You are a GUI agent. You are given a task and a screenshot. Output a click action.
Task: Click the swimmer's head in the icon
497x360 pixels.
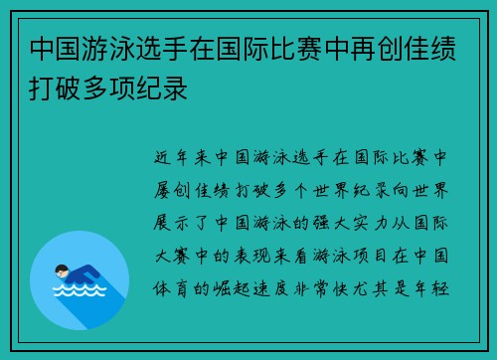pyautogui.click(x=61, y=270)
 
